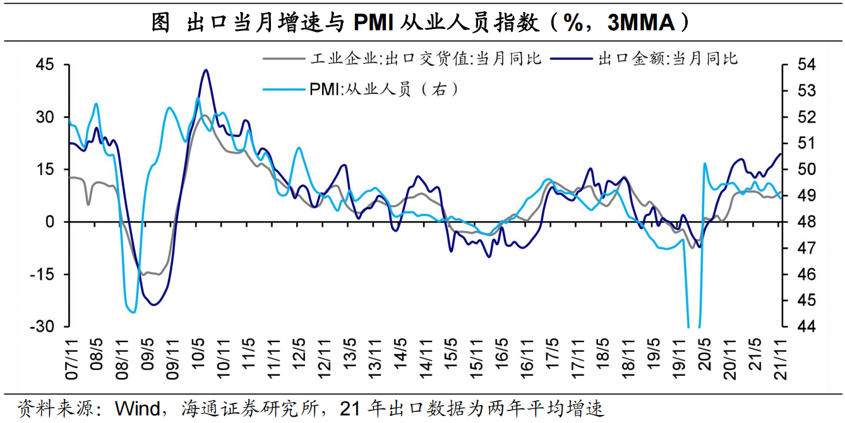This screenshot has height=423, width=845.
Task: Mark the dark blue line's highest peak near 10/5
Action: pyautogui.click(x=206, y=70)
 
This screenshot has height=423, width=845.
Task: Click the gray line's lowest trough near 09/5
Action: pyautogui.click(x=144, y=275)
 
